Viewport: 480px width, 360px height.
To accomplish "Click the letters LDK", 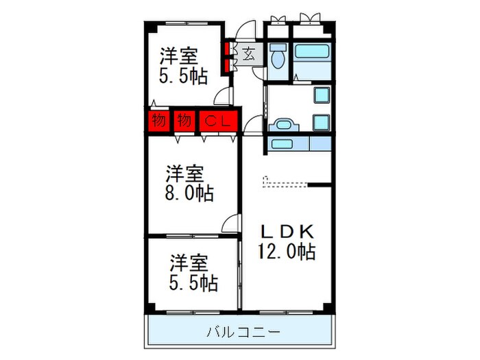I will [287, 230].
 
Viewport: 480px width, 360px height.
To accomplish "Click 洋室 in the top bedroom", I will [181, 55].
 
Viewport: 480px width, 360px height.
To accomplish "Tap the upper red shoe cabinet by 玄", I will [225, 49].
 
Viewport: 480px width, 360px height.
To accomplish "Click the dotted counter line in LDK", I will [287, 184].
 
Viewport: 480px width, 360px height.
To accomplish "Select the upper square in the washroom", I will [321, 95].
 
